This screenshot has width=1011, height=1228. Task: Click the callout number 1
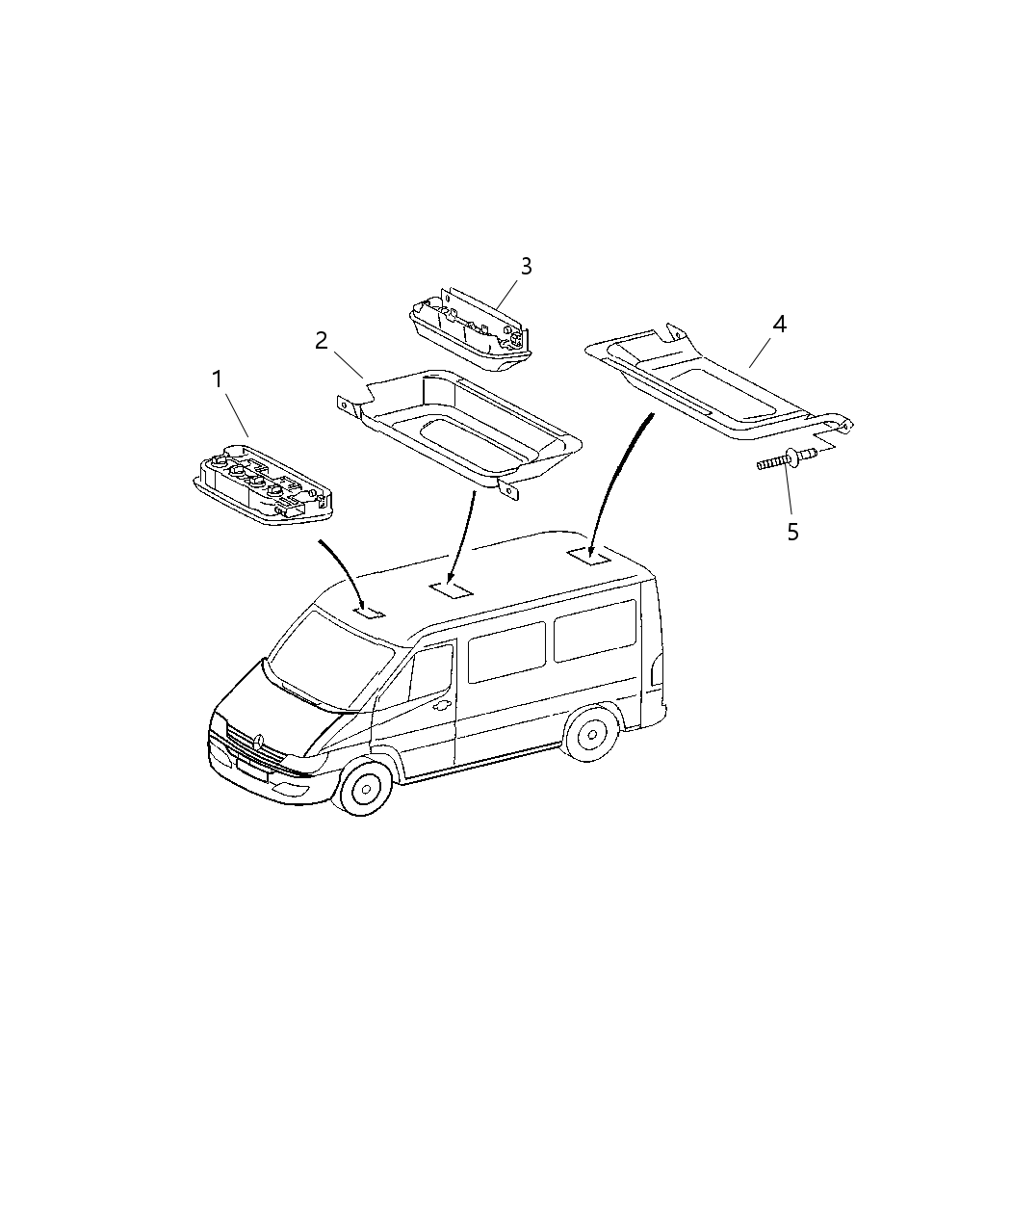(x=218, y=379)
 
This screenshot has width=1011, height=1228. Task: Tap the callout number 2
(x=322, y=341)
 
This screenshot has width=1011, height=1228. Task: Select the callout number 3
(x=527, y=267)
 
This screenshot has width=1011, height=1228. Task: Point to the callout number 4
(x=779, y=324)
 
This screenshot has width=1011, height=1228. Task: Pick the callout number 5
(x=792, y=533)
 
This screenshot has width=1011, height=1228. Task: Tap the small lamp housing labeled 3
(x=471, y=329)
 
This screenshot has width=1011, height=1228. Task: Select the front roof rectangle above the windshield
(x=370, y=613)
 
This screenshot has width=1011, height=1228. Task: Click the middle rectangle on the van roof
(x=451, y=589)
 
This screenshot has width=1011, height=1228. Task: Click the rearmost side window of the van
(x=595, y=631)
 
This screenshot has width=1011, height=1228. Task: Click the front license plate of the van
(x=252, y=770)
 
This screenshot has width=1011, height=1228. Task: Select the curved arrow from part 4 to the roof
(x=611, y=483)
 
